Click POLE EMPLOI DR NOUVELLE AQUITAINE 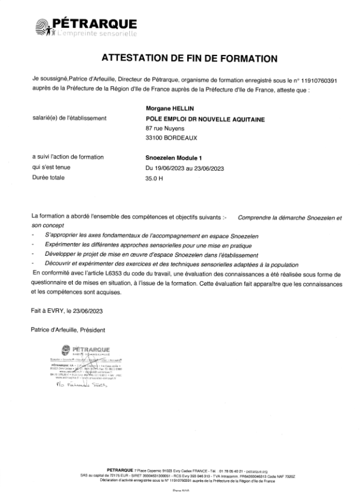point(205,119)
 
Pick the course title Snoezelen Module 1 point(174,158)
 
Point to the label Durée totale point(48,177)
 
